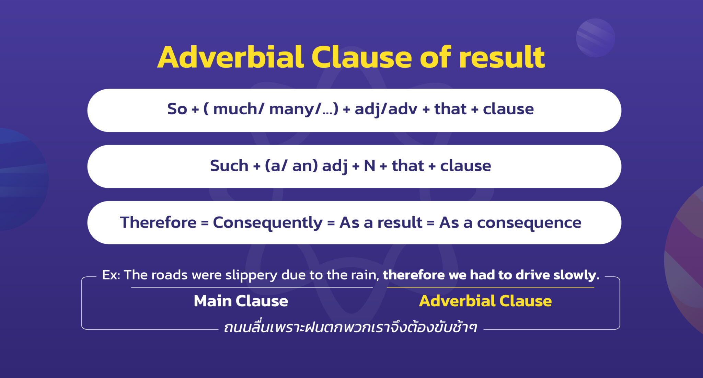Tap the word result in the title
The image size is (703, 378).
point(502,57)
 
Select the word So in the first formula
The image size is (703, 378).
point(177,109)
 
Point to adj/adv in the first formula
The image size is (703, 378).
point(386,109)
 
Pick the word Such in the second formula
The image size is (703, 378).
point(229,166)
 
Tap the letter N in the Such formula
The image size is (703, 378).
point(369,166)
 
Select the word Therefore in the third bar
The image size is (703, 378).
point(158,222)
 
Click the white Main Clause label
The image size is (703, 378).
point(241,301)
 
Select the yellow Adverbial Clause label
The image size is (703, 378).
point(485,301)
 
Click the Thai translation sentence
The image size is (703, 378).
point(350,328)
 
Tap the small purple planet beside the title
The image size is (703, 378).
point(595,38)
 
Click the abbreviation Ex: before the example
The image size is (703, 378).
point(111,275)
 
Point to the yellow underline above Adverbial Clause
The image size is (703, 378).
point(490,287)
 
